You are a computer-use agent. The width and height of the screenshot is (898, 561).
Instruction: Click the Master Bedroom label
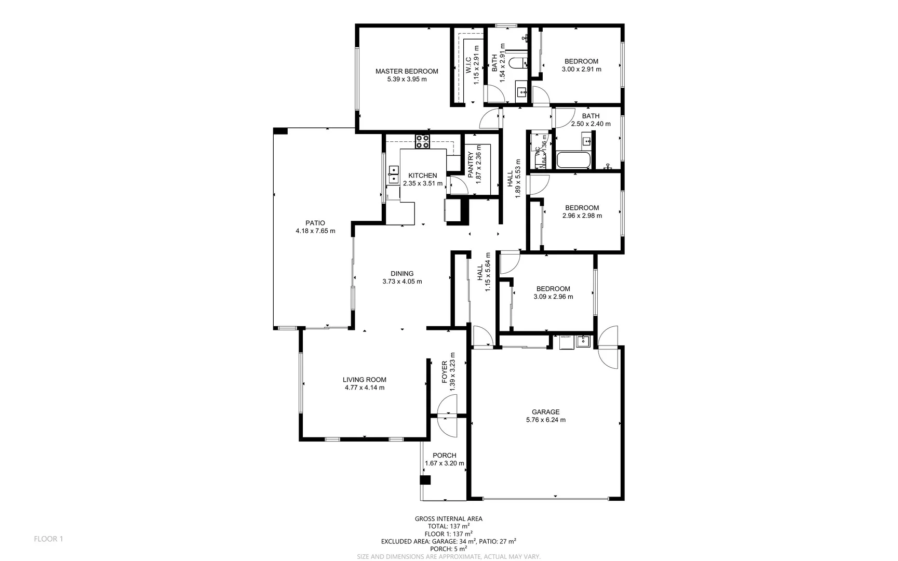tap(407, 71)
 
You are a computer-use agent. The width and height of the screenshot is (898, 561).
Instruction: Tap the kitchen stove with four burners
tap(422, 141)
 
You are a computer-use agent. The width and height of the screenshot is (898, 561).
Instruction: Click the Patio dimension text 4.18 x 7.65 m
tap(315, 231)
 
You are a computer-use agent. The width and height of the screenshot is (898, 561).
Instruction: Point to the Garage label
tap(545, 412)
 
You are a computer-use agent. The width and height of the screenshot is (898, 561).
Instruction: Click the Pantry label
tap(471, 165)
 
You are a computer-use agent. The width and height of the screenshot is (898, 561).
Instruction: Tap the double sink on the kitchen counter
tap(393, 174)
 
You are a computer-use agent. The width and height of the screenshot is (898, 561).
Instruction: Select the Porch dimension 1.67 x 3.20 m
tap(444, 463)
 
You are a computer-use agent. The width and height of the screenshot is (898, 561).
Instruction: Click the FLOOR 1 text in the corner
tap(48, 539)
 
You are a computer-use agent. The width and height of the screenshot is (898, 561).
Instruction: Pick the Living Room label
tap(364, 380)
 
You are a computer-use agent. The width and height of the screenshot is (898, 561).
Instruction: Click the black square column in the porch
tap(425, 480)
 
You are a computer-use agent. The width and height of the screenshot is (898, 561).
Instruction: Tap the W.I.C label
tap(467, 65)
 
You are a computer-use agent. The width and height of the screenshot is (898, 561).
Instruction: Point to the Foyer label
tap(445, 372)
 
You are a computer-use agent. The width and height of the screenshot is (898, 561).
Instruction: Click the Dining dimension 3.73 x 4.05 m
tap(402, 282)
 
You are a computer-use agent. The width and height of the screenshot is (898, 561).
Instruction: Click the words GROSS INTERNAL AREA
tap(448, 518)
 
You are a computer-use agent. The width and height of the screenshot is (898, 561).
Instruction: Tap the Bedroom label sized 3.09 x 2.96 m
tap(553, 289)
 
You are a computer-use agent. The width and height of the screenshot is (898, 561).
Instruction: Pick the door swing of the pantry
tap(458, 185)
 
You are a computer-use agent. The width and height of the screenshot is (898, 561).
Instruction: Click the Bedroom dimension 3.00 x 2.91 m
tap(581, 69)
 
